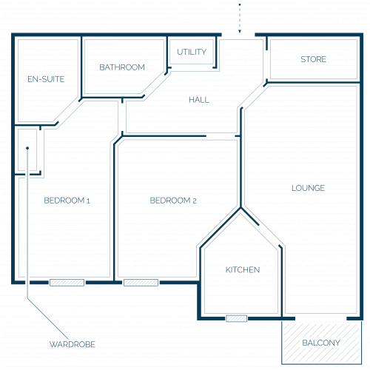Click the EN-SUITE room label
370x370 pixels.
pyautogui.click(x=46, y=79)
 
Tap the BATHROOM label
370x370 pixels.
pyautogui.click(x=122, y=67)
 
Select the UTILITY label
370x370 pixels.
pyautogui.click(x=192, y=52)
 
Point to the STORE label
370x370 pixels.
pyautogui.click(x=314, y=59)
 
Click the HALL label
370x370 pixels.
pyautogui.click(x=199, y=100)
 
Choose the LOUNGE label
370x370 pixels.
pyautogui.click(x=308, y=188)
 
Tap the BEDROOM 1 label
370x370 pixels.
pyautogui.click(x=67, y=201)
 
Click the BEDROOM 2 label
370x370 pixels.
pyautogui.click(x=173, y=201)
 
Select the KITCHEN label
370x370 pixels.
pyautogui.click(x=243, y=269)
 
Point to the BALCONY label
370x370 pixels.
pyautogui.click(x=321, y=343)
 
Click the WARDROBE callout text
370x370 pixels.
pyautogui.click(x=73, y=344)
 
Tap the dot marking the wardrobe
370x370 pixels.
pyautogui.click(x=27, y=148)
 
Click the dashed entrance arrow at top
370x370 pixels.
pyautogui.click(x=240, y=18)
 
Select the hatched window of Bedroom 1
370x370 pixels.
pyautogui.click(x=67, y=283)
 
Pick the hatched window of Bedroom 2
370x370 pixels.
pyautogui.click(x=141, y=283)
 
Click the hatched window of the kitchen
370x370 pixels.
pyautogui.click(x=236, y=318)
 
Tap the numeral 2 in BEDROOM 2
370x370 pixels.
pyautogui.click(x=195, y=201)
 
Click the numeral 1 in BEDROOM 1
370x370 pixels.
pyautogui.click(x=88, y=201)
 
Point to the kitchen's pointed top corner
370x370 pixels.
pyautogui.click(x=240, y=209)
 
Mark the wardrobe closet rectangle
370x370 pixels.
pyautogui.click(x=27, y=150)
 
